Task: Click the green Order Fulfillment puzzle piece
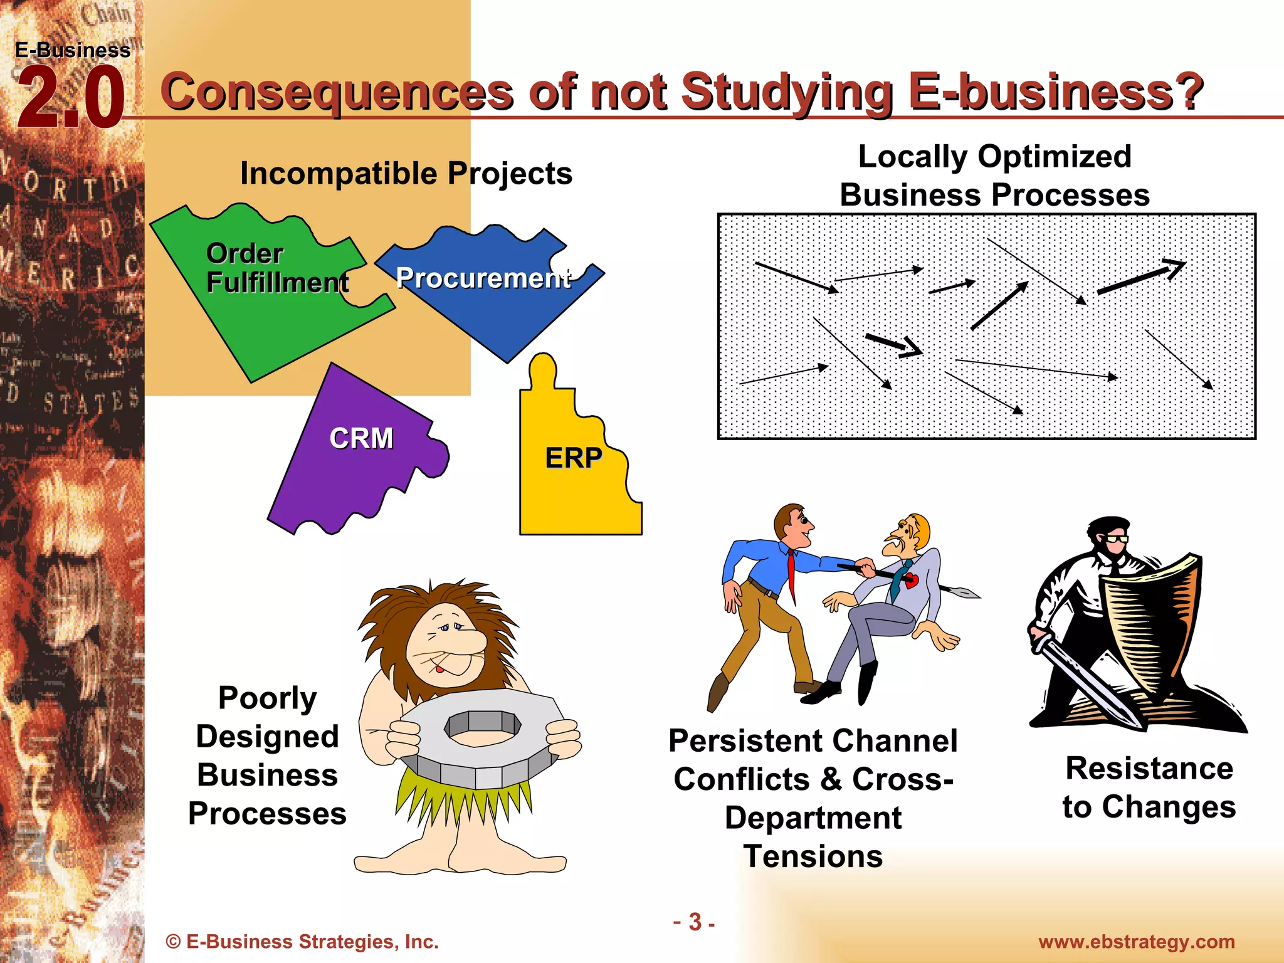point(263,301)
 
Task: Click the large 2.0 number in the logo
point(70,99)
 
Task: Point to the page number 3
point(695,922)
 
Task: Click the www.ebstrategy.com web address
point(1136,942)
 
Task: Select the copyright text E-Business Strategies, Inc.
point(302,942)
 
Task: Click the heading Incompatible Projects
point(406,174)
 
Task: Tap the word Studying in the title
point(787,93)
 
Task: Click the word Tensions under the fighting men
point(813,856)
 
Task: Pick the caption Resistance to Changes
point(1149,787)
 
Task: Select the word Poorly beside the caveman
point(268,698)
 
